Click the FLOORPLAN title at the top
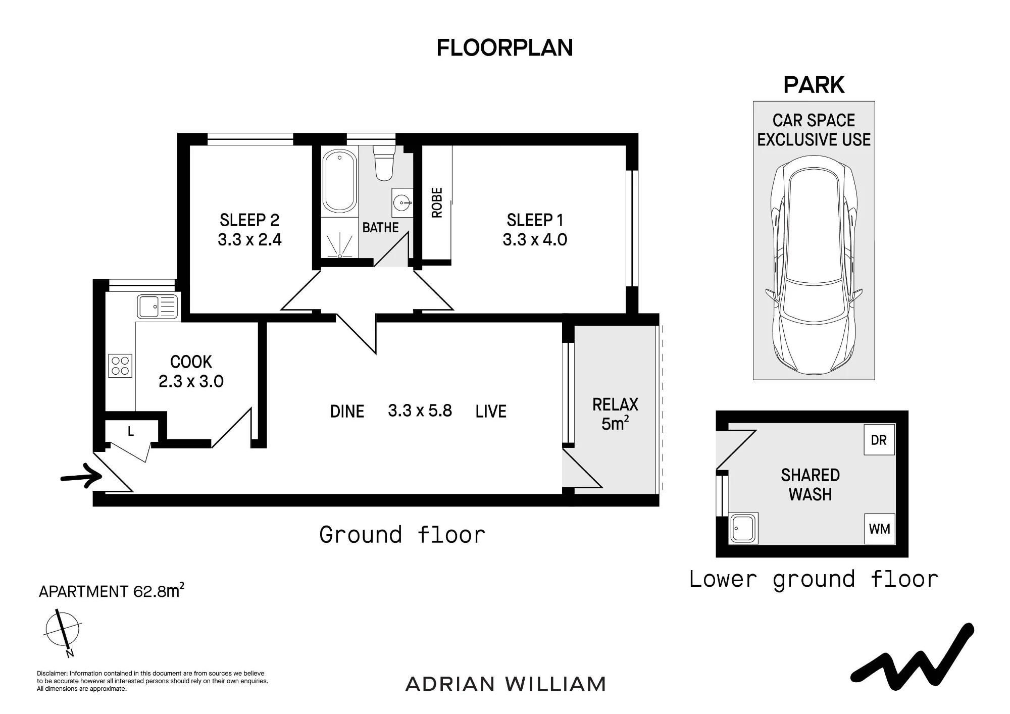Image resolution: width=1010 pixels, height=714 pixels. click(504, 48)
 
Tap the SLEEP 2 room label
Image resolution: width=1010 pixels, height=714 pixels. click(249, 220)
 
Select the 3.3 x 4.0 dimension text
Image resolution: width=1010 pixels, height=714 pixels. click(535, 239)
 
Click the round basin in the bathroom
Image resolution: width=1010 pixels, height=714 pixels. click(402, 203)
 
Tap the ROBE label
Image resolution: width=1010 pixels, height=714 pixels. click(437, 202)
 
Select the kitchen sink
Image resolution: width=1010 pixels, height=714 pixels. click(158, 307)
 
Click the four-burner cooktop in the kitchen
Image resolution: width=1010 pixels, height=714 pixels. click(120, 366)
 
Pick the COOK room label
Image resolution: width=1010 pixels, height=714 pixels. click(191, 362)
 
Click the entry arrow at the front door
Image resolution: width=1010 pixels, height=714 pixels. click(81, 476)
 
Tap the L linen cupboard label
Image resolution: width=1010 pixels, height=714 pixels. click(131, 431)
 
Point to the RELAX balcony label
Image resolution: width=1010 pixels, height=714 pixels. click(615, 404)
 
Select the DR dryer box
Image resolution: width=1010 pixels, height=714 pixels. click(879, 440)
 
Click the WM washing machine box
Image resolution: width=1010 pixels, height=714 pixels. click(879, 529)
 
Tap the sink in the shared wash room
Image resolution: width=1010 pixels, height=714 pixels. click(743, 528)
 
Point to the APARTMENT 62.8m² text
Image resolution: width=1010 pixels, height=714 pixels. click(112, 590)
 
